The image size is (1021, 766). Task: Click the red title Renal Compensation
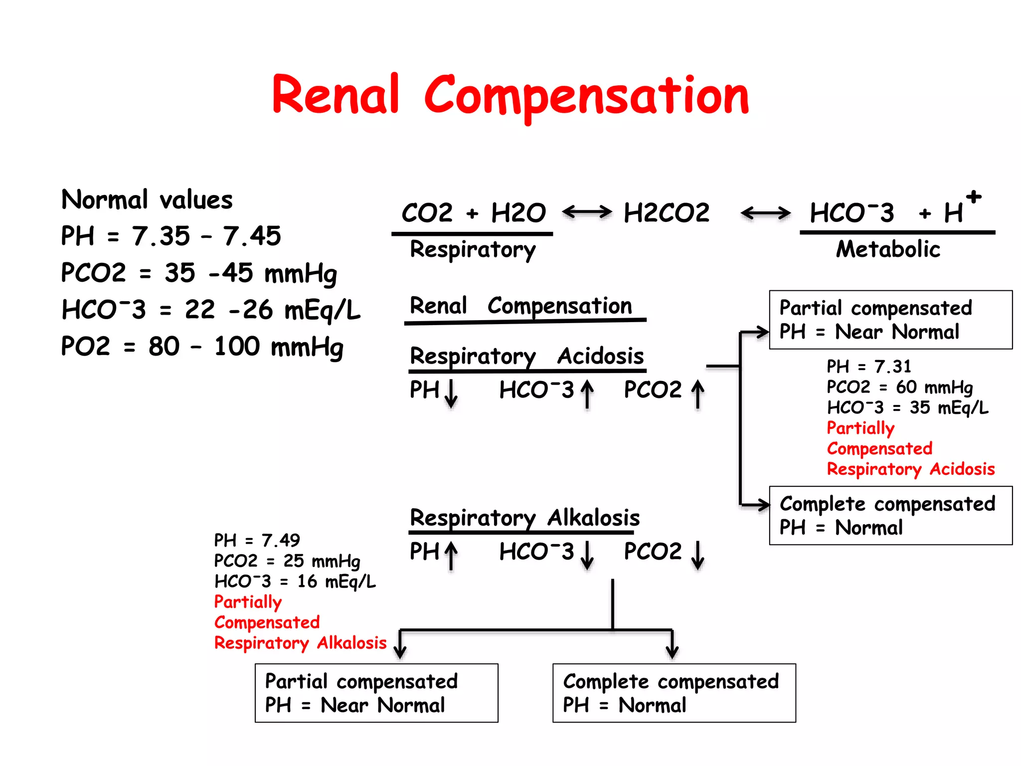pos(510,95)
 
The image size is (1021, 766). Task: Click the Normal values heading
pos(147,199)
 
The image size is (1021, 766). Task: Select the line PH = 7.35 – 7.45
pos(170,236)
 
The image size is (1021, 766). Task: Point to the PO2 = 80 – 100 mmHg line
pos(202,346)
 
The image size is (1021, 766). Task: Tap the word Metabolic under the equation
pos(888,249)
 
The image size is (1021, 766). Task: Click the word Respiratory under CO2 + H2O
pos(473,249)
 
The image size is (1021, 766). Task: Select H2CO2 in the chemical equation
pos(667,213)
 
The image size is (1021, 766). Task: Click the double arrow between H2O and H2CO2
pos(587,212)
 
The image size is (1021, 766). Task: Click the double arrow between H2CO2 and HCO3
pos(765,213)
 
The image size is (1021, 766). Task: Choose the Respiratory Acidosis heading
pos(526,356)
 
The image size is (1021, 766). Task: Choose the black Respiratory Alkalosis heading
pos(524,518)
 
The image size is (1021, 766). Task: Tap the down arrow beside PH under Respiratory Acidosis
pos(451,393)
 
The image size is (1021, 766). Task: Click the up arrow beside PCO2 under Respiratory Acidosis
pos(698,394)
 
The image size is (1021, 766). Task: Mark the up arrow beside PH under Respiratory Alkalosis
pos(451,555)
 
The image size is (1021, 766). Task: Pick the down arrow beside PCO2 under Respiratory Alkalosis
pos(698,555)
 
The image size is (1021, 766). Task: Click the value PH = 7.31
pos(868,367)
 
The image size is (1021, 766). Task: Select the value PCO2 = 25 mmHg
pos(287,561)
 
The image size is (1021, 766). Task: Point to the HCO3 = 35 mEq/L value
pos(907,407)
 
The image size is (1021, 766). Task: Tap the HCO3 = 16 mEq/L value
pos(295,581)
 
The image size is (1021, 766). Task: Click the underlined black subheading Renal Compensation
pos(520,306)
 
